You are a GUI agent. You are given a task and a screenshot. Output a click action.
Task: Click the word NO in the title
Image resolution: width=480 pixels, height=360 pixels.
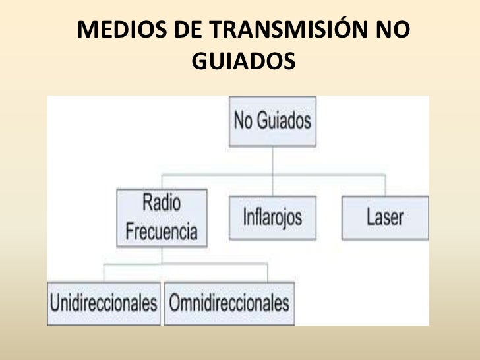coord(393,31)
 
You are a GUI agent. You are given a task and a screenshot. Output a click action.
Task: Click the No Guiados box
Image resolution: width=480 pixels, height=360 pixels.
coord(272,121)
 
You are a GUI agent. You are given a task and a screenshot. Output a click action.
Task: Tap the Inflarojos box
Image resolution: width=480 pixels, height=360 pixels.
coord(271,217)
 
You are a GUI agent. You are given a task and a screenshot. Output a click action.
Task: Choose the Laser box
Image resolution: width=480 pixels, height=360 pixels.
coord(385,217)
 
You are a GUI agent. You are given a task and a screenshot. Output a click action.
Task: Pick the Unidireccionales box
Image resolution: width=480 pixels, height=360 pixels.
coord(104,303)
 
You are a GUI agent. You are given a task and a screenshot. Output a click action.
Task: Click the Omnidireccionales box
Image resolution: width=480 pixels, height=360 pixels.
coord(229,303)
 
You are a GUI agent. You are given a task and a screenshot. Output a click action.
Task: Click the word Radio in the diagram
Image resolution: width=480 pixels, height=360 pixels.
coord(162,204)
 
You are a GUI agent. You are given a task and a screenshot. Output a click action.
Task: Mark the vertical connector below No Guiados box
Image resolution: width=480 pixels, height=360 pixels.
coord(272,160)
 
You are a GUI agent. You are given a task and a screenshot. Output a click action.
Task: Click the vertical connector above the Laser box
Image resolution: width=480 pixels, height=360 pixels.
coord(384,185)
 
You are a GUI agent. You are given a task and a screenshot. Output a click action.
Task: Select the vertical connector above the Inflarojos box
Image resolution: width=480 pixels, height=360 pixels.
coord(272,185)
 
